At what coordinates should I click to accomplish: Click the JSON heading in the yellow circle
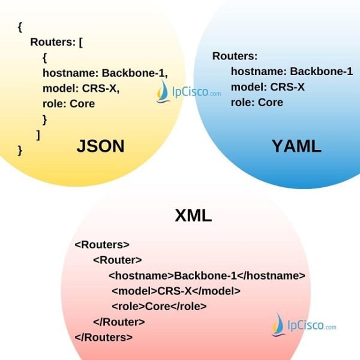click(x=100, y=146)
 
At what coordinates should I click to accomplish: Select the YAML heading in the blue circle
click(x=296, y=146)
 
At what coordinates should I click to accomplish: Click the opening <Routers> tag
click(x=102, y=245)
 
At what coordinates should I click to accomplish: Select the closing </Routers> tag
click(x=104, y=337)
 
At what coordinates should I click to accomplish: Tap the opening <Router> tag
click(x=118, y=260)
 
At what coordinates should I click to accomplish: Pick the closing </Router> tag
click(x=119, y=322)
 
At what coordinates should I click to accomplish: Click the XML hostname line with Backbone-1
click(x=207, y=275)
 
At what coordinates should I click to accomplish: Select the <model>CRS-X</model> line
click(x=176, y=291)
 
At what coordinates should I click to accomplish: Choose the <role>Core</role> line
click(x=159, y=306)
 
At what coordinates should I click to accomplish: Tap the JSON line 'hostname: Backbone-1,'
click(x=105, y=73)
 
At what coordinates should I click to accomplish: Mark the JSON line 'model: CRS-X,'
click(x=82, y=88)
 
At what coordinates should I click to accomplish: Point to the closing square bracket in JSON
click(x=38, y=134)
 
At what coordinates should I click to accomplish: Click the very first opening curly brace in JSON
click(x=20, y=26)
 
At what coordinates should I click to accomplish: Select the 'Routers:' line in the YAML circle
click(x=235, y=56)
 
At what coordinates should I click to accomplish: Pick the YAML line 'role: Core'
click(x=257, y=103)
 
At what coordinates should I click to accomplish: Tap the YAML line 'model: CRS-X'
click(x=268, y=87)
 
